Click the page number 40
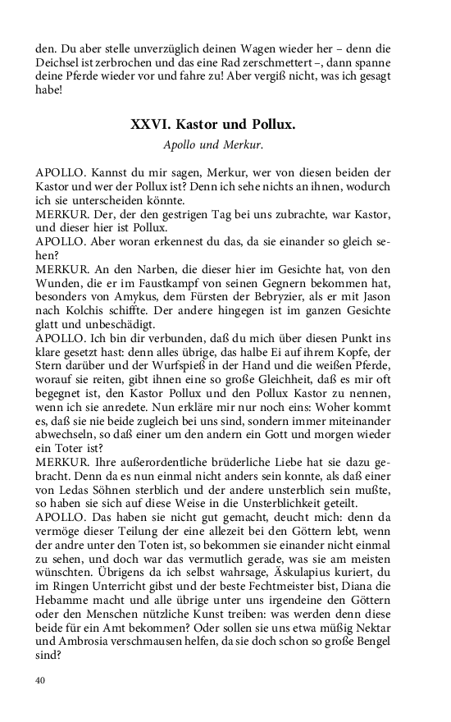pos(41,680)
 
